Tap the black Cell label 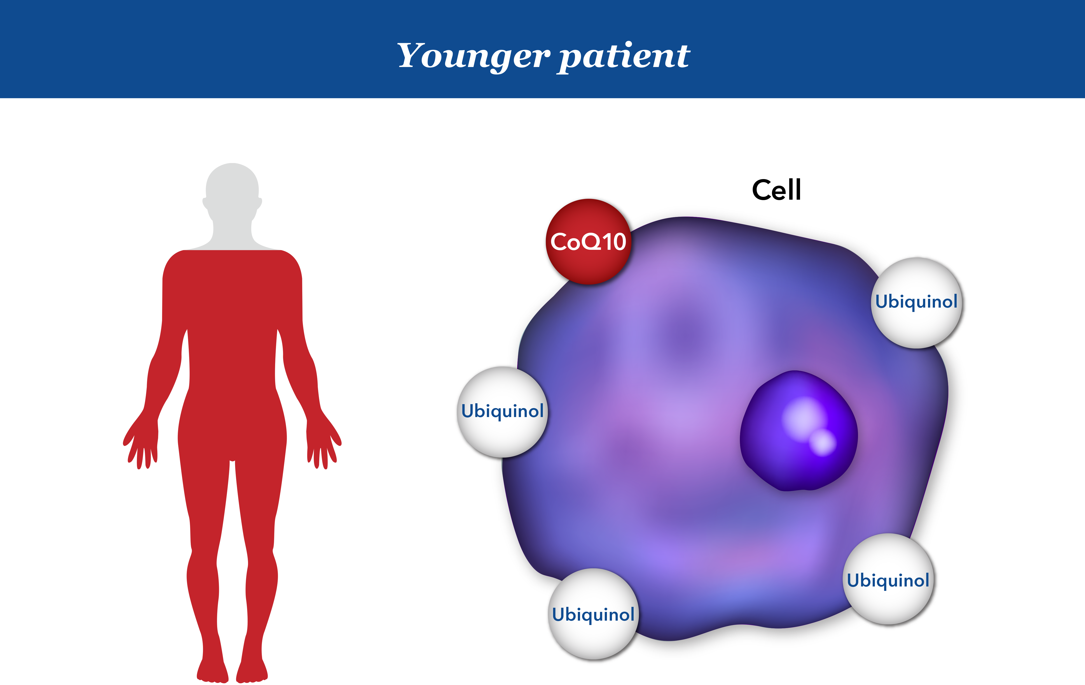coord(776,190)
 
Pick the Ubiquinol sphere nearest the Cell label coord(916,303)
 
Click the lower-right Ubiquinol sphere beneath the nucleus coord(888,579)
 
